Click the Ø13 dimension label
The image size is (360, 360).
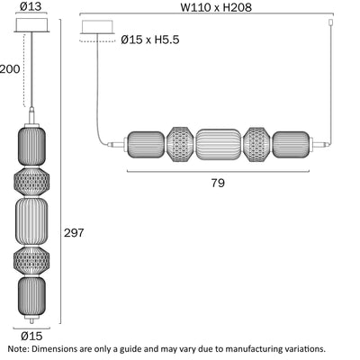31,6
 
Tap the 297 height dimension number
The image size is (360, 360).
74,232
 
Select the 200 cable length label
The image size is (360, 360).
10,69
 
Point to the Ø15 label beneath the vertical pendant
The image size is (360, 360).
31,336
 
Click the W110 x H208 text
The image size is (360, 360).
216,7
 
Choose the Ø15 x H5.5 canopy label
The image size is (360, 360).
150,40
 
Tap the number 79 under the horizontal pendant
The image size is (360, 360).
218,183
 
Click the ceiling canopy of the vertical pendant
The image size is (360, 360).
31,25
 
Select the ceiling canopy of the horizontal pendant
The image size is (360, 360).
97,27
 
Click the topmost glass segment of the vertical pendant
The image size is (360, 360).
31,147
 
